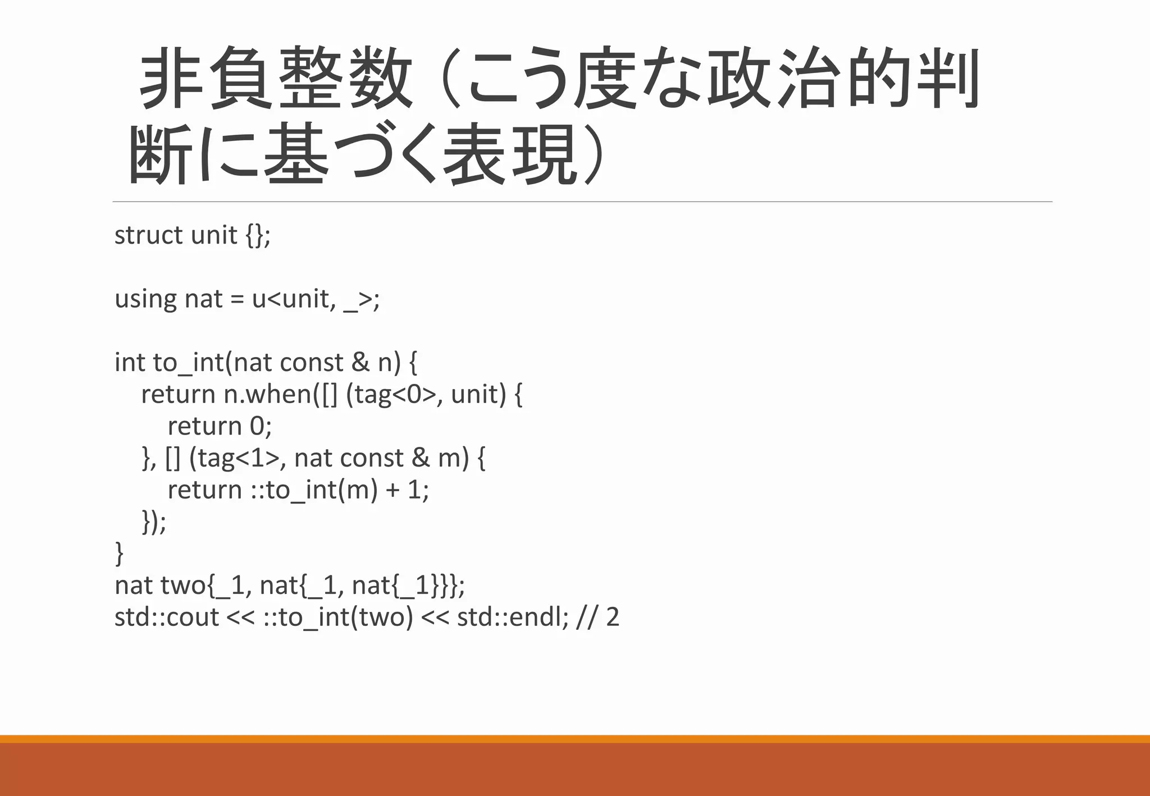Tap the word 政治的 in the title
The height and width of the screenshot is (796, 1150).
click(809, 79)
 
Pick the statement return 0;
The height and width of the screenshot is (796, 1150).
click(220, 426)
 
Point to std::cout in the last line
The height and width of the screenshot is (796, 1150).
click(167, 617)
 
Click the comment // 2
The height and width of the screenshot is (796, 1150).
click(597, 617)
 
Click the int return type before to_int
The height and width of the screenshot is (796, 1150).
click(130, 363)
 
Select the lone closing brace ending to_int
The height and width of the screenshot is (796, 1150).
click(119, 553)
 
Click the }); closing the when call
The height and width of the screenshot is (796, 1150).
click(154, 522)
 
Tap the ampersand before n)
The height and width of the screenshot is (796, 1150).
click(360, 363)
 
